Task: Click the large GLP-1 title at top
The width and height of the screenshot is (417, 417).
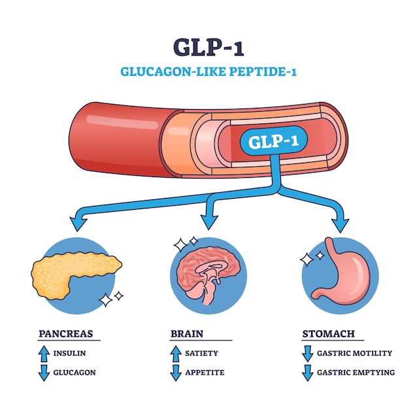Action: tap(208, 47)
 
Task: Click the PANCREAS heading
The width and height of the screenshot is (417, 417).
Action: tap(65, 333)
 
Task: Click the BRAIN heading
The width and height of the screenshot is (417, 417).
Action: tap(187, 333)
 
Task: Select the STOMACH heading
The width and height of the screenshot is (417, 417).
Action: tap(328, 333)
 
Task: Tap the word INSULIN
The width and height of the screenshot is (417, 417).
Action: tap(69, 354)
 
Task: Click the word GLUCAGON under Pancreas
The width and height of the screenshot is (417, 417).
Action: tap(75, 373)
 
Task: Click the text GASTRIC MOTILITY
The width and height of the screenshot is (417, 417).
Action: tap(355, 354)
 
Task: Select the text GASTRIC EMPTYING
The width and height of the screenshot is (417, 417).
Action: tap(356, 373)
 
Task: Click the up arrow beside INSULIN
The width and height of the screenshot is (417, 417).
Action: tap(44, 354)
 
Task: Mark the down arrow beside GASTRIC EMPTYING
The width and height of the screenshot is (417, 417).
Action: tap(307, 373)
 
